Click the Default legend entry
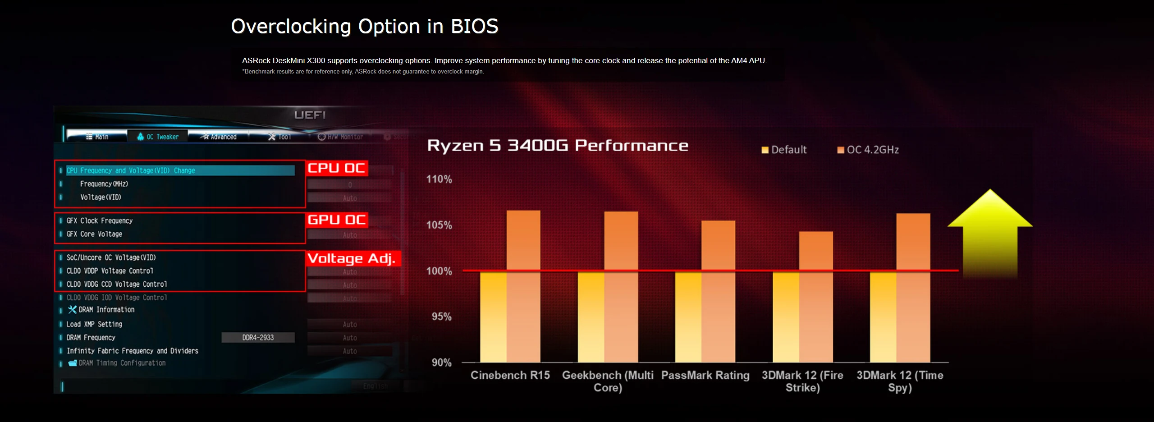click(x=784, y=150)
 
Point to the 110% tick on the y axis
click(x=439, y=179)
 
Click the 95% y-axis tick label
click(x=441, y=316)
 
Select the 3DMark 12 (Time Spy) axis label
click(x=900, y=381)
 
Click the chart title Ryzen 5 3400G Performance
click(x=558, y=146)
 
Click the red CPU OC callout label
click(x=336, y=168)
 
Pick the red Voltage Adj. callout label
click(x=352, y=258)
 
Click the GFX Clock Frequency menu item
click(x=100, y=220)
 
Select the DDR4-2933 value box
click(x=258, y=338)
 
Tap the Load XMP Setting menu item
click(x=94, y=324)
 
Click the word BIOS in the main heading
click(x=474, y=26)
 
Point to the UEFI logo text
click(x=310, y=115)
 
